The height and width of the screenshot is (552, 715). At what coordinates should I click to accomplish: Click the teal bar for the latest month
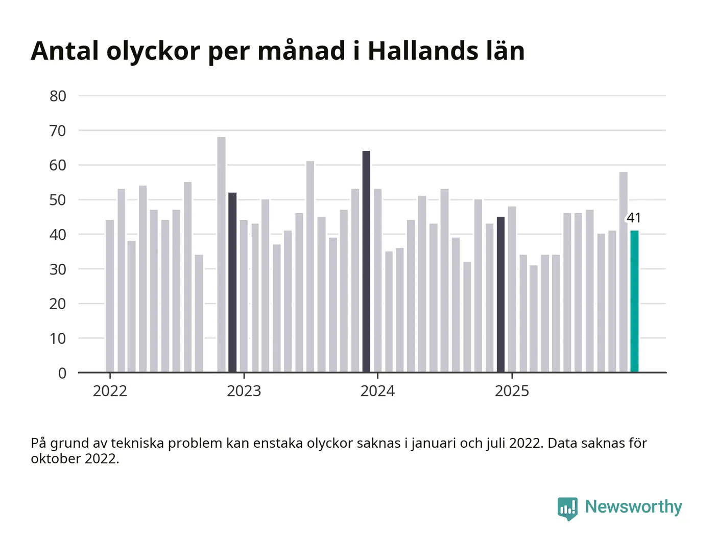pos(634,302)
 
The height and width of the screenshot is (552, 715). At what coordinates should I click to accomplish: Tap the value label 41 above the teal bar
pos(634,218)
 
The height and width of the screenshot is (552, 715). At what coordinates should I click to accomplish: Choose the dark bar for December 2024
pos(500,294)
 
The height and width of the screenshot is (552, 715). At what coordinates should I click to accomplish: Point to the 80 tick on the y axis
pos(58,96)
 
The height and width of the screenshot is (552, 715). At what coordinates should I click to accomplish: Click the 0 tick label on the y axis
pos(62,373)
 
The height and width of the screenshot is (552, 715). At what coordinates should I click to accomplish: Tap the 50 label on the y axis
pos(58,200)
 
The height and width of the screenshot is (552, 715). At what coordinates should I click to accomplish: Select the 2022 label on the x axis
pos(110,391)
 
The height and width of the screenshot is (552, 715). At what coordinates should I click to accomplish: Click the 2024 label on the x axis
pos(377,391)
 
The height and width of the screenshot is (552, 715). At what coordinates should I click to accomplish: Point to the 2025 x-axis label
pos(512,391)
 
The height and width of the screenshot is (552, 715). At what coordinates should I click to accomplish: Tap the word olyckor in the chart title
pos(153,51)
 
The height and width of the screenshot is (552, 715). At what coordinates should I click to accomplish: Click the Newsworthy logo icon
pos(567,508)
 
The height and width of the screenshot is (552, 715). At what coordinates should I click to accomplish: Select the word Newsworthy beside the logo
pos(633,507)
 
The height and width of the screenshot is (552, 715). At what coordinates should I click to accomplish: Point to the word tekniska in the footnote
pos(137,443)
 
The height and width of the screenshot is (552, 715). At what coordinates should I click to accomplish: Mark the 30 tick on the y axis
pos(58,269)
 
